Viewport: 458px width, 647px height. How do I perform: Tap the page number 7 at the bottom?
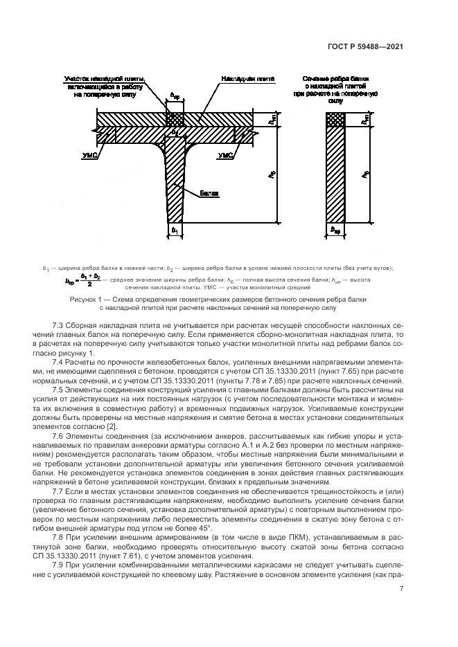402,589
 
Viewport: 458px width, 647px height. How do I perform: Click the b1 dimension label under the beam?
175,228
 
